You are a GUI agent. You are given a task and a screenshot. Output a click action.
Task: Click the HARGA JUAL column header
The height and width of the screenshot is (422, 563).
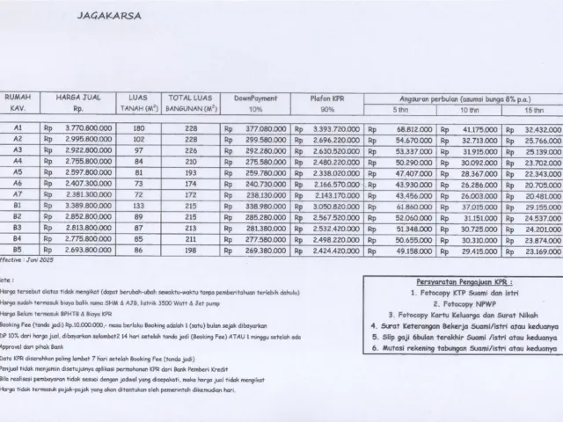pos(76,99)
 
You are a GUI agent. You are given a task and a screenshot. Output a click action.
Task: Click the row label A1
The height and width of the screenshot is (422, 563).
pos(18,128)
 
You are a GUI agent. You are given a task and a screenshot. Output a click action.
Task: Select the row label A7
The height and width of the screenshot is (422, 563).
pos(18,194)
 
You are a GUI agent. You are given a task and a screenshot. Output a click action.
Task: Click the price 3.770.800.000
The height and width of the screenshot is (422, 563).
pos(83,128)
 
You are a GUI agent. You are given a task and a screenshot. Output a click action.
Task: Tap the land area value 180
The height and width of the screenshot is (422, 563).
pos(138,128)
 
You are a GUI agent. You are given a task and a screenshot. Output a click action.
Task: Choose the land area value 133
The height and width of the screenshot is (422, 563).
pos(138,205)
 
